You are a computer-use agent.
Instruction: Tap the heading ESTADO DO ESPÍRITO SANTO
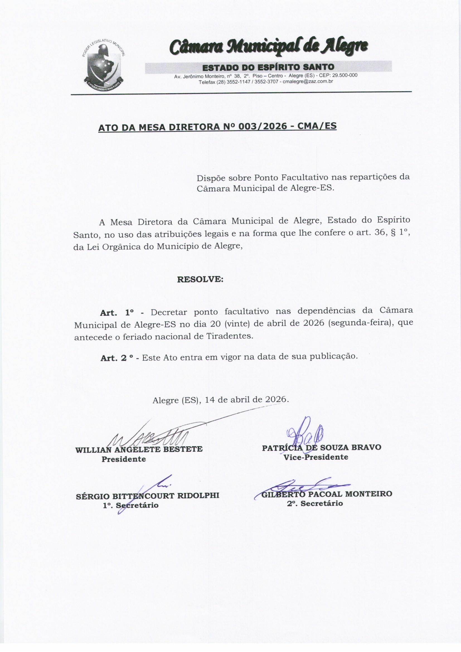click(268, 67)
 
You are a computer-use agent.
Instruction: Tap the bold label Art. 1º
click(117, 313)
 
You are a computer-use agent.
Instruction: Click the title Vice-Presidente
click(316, 457)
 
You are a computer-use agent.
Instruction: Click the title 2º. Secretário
click(314, 503)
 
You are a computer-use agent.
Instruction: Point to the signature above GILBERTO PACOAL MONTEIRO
click(301, 487)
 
